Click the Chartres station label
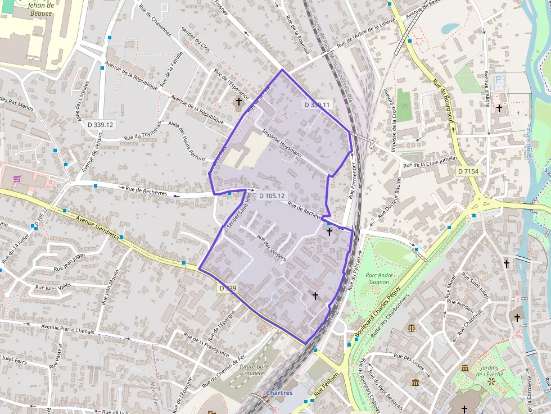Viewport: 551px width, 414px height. pyautogui.click(x=279, y=393)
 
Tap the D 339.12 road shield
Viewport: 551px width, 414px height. pyautogui.click(x=101, y=124)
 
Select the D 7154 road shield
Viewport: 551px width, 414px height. pyautogui.click(x=468, y=171)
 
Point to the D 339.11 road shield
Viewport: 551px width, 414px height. pyautogui.click(x=317, y=104)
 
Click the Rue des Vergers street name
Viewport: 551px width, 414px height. pyautogui.click(x=272, y=247)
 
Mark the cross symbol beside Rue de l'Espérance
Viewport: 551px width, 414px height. pyautogui.click(x=239, y=102)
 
